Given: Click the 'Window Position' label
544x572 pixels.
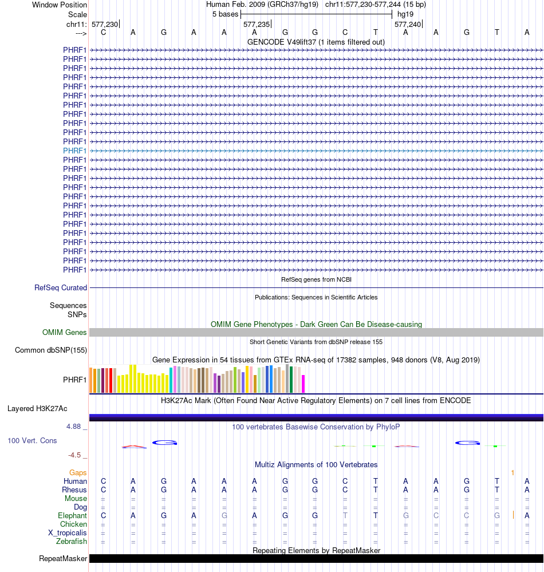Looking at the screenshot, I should pos(60,5).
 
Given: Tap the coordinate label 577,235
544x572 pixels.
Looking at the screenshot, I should pos(255,25).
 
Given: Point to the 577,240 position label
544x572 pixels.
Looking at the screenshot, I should pos(407,25).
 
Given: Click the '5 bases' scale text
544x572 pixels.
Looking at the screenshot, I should pos(226,14).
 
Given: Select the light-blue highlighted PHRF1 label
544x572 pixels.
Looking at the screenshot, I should pos(75,151).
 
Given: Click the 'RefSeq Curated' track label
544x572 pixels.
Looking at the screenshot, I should pos(61,287).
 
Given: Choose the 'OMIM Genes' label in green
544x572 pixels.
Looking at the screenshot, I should pos(65,332).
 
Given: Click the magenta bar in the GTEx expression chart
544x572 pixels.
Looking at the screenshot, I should pos(303,384).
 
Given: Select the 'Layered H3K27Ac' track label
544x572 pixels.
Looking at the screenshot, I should pos(37,408).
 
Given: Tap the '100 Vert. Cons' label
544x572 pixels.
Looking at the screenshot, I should pos(32,440).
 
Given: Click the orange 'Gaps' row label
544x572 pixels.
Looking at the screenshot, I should pos(78,472).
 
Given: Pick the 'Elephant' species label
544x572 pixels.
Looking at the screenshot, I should pos(73,515).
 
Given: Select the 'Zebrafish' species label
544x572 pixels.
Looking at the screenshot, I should pos(72,541).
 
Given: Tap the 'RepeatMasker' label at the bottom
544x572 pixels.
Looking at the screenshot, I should pos(63,558).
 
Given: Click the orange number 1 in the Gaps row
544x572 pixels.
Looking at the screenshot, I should pos(513,472).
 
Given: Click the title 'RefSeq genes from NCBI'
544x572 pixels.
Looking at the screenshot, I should pos(316,279).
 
